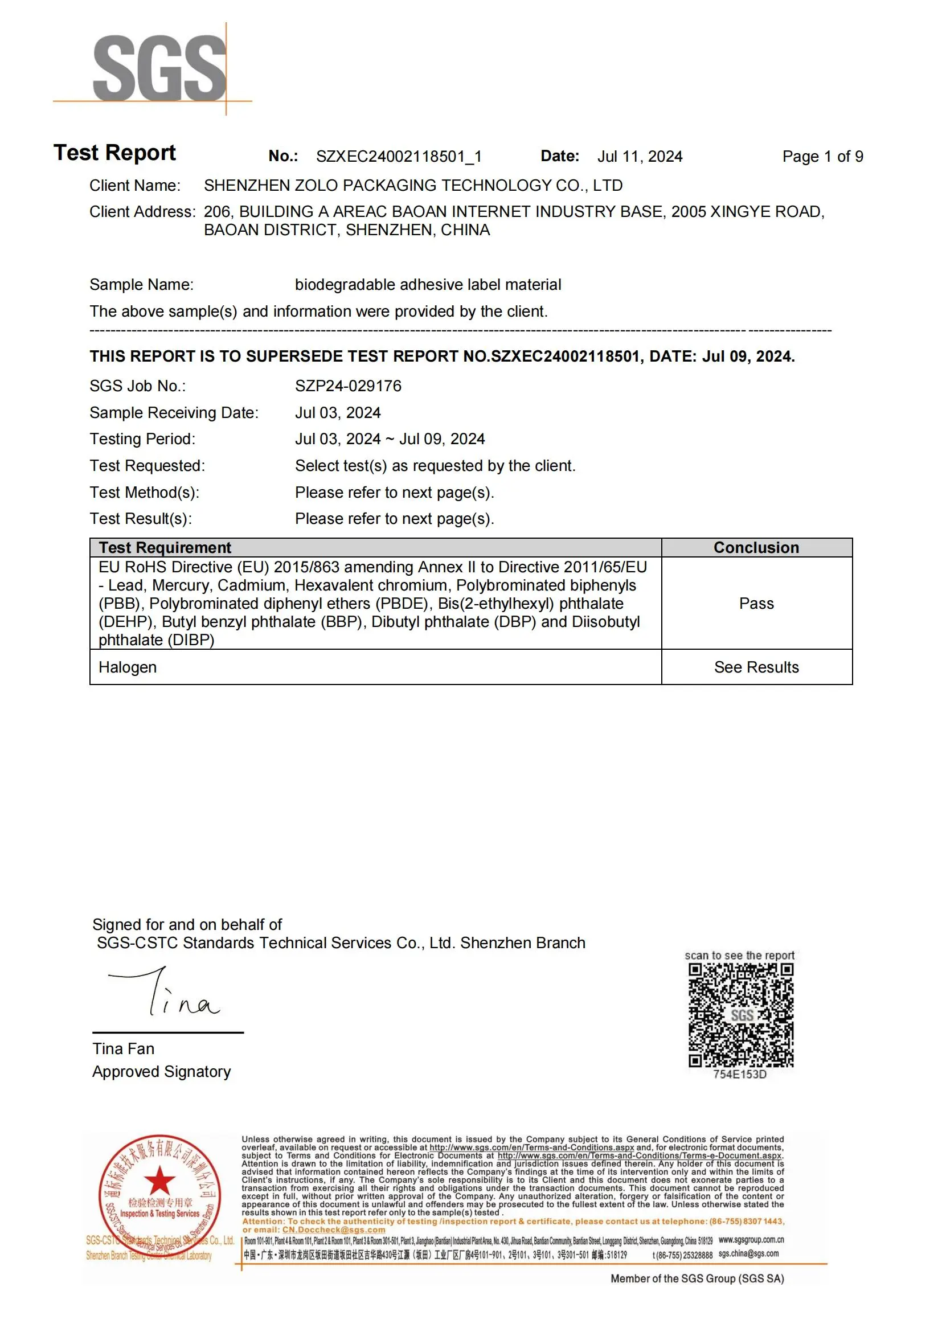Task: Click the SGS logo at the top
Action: coord(159,67)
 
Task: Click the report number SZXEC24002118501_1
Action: coord(399,156)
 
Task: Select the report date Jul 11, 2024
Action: coord(639,156)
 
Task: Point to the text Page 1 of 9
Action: coord(822,156)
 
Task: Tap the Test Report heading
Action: coord(115,153)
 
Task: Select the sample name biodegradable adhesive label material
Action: coord(428,284)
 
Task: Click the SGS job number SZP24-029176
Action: coord(348,386)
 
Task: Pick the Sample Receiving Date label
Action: coord(174,412)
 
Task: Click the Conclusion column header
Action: coord(756,548)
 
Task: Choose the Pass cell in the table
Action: coord(756,603)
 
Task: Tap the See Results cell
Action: coord(756,667)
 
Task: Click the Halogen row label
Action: coord(128,667)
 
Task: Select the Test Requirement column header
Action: coord(165,548)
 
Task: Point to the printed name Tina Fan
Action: coord(123,1049)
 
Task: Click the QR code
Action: coord(741,1015)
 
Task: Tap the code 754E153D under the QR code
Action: coord(740,1075)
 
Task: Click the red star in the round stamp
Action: coord(159,1180)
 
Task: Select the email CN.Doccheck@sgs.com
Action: coord(334,1230)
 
